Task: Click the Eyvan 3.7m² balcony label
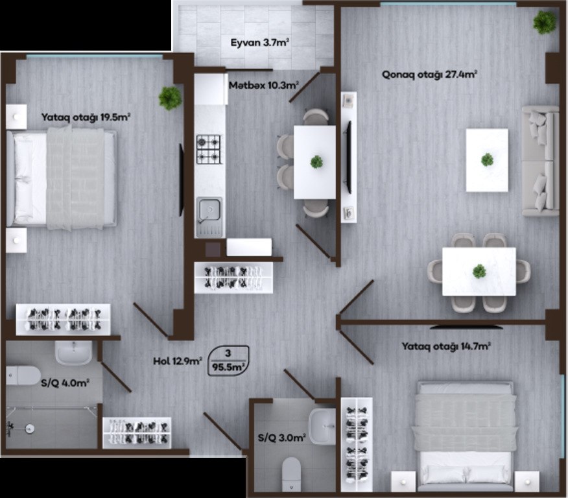[260, 43]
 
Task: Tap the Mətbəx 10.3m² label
[264, 86]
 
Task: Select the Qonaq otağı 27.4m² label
[429, 75]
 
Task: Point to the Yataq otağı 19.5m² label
[86, 117]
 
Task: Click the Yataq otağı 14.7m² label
[446, 347]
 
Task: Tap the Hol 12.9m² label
[178, 361]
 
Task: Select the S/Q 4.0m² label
[65, 383]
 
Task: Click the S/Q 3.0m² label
[282, 438]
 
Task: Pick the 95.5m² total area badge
[229, 361]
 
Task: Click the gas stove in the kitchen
[209, 149]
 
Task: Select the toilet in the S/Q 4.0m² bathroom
[23, 375]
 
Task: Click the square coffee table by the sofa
[487, 160]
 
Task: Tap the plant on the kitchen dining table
[316, 161]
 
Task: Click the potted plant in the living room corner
[544, 23]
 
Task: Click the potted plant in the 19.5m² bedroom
[170, 98]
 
